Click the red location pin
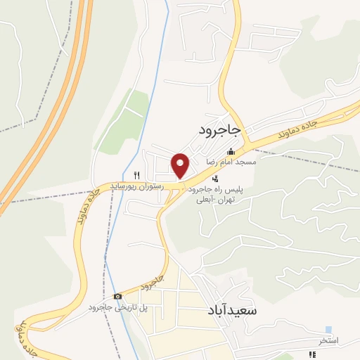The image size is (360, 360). point(181,165)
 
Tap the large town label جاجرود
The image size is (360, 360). point(219,130)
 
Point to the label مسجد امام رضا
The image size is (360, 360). point(230,162)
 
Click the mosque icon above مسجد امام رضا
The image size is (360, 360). point(230,152)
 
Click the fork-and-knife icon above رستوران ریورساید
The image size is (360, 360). point(138,175)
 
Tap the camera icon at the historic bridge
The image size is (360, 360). point(117,296)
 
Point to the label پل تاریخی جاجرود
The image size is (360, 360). point(117,308)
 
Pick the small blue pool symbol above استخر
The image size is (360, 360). point(328,330)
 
